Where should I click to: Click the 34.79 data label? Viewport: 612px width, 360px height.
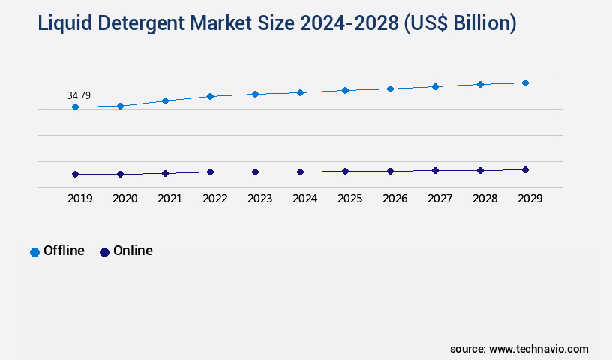tap(79, 95)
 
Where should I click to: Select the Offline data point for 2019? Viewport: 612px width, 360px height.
tap(75, 107)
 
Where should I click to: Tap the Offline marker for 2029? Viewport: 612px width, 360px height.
tap(525, 82)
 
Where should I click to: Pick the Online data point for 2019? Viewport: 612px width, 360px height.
tap(75, 174)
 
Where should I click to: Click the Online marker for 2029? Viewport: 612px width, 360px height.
tap(525, 169)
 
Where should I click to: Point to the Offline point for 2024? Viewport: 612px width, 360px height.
tap(300, 92)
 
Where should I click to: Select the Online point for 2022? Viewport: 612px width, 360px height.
tap(210, 172)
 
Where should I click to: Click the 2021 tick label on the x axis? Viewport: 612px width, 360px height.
tap(169, 199)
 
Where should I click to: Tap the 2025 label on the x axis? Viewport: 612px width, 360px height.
tap(349, 199)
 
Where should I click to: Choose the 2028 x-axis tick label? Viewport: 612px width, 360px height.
tap(484, 199)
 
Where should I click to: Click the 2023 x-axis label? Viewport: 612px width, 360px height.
tap(259, 199)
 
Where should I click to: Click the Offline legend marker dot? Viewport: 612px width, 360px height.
tap(34, 252)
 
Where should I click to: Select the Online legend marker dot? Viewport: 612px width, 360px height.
tap(104, 252)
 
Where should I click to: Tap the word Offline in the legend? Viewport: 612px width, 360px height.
tap(64, 250)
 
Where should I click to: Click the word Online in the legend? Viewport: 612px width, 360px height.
tap(133, 250)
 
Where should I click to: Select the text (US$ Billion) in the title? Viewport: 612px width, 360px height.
tap(460, 23)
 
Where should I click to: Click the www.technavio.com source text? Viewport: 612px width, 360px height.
tap(538, 349)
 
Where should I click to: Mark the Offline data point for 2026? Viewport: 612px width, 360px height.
tap(390, 88)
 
